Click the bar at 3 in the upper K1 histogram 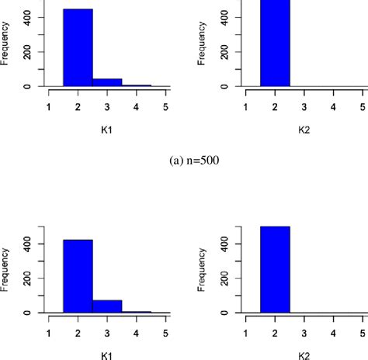click(107, 82)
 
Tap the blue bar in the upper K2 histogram click(275, 43)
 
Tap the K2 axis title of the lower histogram click(304, 354)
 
